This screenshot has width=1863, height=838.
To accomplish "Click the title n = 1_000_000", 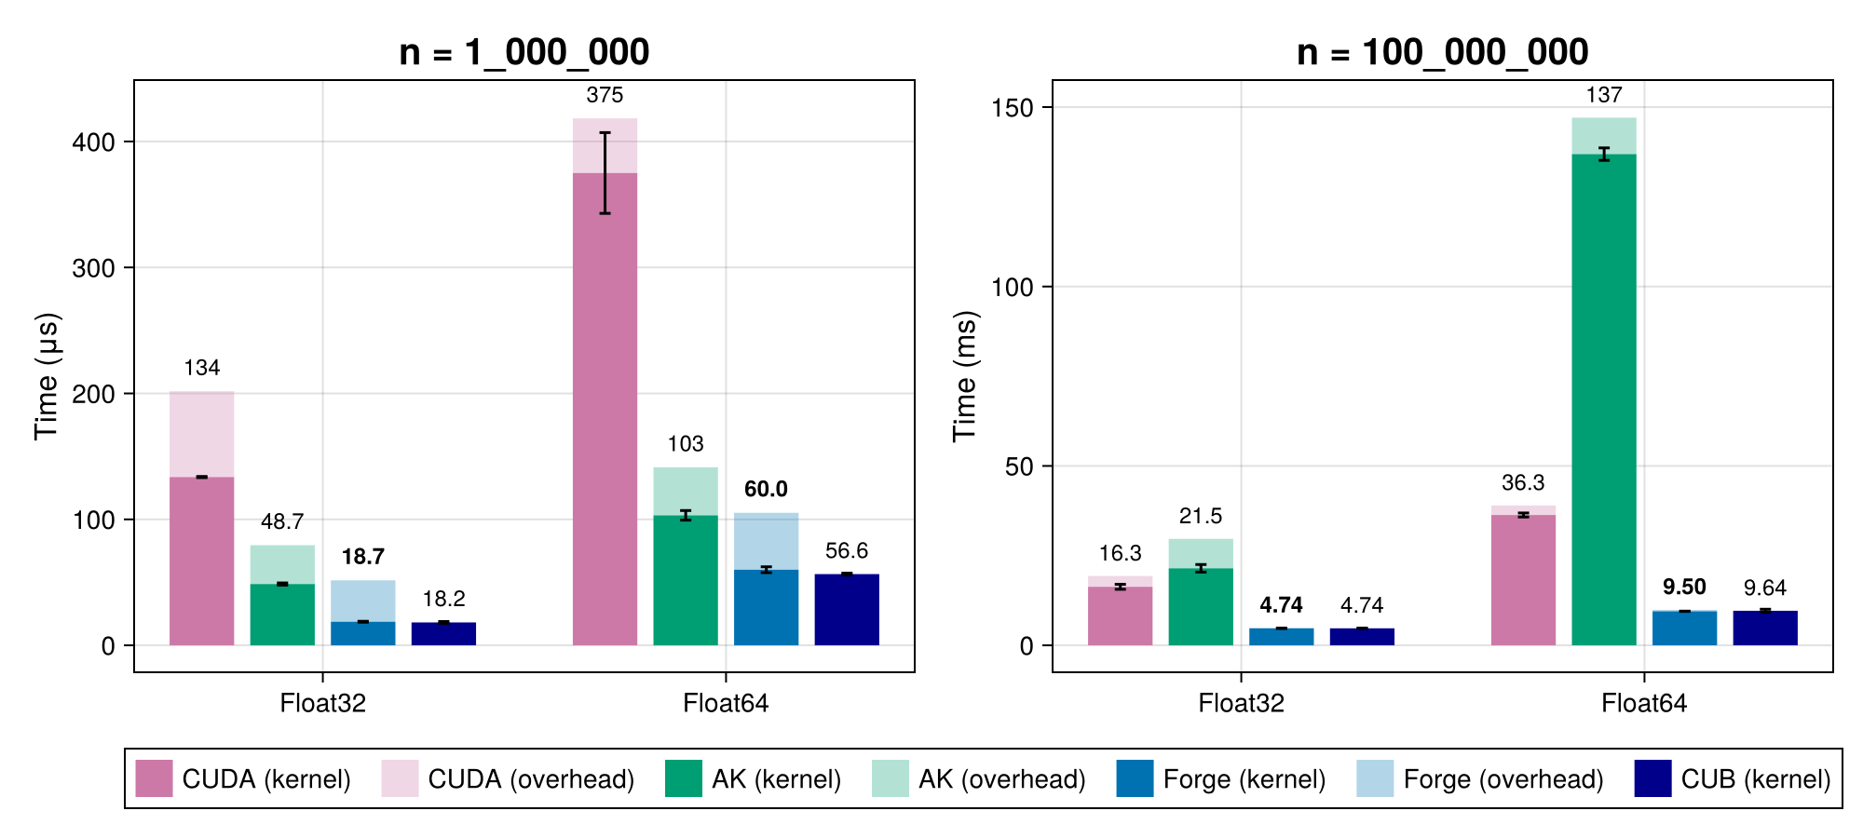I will click(x=524, y=52).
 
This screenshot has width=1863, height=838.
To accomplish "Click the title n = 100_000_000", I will click(x=1442, y=52).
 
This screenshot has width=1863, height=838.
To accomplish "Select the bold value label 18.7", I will click(x=362, y=557).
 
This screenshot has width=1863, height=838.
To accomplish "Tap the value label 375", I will click(x=605, y=95).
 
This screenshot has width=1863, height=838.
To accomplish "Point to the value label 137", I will click(x=1603, y=95).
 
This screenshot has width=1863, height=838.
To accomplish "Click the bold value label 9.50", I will click(x=1683, y=588).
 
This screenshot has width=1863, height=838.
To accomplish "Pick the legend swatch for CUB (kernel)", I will click(x=1652, y=778).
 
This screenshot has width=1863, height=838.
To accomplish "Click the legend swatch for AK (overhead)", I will click(x=890, y=778).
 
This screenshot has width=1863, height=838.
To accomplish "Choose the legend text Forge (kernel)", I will click(x=1244, y=779).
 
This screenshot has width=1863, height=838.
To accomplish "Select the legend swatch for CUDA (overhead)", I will click(x=400, y=778).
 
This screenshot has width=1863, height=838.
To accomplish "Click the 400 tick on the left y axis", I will click(x=93, y=142).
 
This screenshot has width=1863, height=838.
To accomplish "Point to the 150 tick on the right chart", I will click(x=1013, y=108).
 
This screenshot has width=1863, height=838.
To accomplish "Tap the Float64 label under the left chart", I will click(x=726, y=703).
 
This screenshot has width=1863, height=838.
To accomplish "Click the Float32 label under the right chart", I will click(x=1241, y=703).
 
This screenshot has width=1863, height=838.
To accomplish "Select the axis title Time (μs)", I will click(x=47, y=376).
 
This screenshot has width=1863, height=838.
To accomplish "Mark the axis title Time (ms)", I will click(x=965, y=376).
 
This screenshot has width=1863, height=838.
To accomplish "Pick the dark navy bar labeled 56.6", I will click(x=847, y=610).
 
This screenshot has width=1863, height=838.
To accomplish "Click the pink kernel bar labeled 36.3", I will click(x=1523, y=580).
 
